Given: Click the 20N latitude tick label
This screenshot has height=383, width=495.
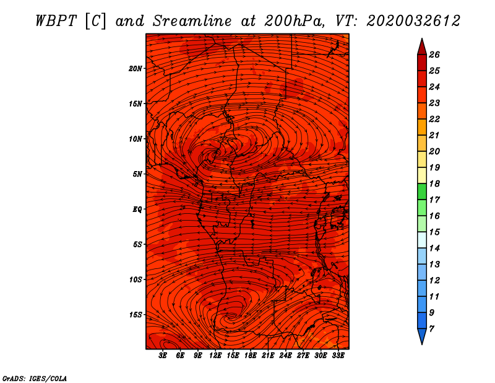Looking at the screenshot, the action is click(135, 69).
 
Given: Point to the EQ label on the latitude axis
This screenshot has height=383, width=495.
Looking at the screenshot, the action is click(137, 209).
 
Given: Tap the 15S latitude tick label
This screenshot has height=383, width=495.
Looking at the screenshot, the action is click(136, 315).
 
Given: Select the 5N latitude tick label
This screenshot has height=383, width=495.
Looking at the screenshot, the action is click(137, 174).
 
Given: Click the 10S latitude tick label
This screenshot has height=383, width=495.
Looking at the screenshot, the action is click(136, 280).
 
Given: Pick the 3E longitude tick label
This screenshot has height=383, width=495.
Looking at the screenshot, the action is click(163, 356).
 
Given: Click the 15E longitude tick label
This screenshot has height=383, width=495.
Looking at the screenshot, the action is click(233, 356).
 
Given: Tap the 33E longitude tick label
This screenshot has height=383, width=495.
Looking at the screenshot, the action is click(338, 356).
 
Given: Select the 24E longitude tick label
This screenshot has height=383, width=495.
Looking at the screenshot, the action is click(285, 356).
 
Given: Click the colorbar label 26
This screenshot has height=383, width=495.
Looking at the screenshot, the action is click(434, 55).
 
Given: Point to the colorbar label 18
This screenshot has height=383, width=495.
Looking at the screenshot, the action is click(434, 183).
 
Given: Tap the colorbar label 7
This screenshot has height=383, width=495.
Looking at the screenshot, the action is click(432, 329).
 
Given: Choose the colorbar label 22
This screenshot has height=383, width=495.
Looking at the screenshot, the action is click(434, 119).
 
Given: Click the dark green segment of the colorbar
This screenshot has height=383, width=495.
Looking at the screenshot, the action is click(422, 191).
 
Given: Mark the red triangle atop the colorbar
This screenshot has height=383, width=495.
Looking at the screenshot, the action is click(422, 47).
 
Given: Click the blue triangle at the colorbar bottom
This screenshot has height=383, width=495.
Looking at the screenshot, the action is click(422, 336).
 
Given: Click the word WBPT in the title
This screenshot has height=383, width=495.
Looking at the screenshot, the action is click(56, 21).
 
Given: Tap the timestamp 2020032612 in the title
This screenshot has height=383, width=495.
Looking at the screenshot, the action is click(413, 21).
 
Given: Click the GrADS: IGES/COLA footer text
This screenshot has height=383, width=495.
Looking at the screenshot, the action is click(35, 379).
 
